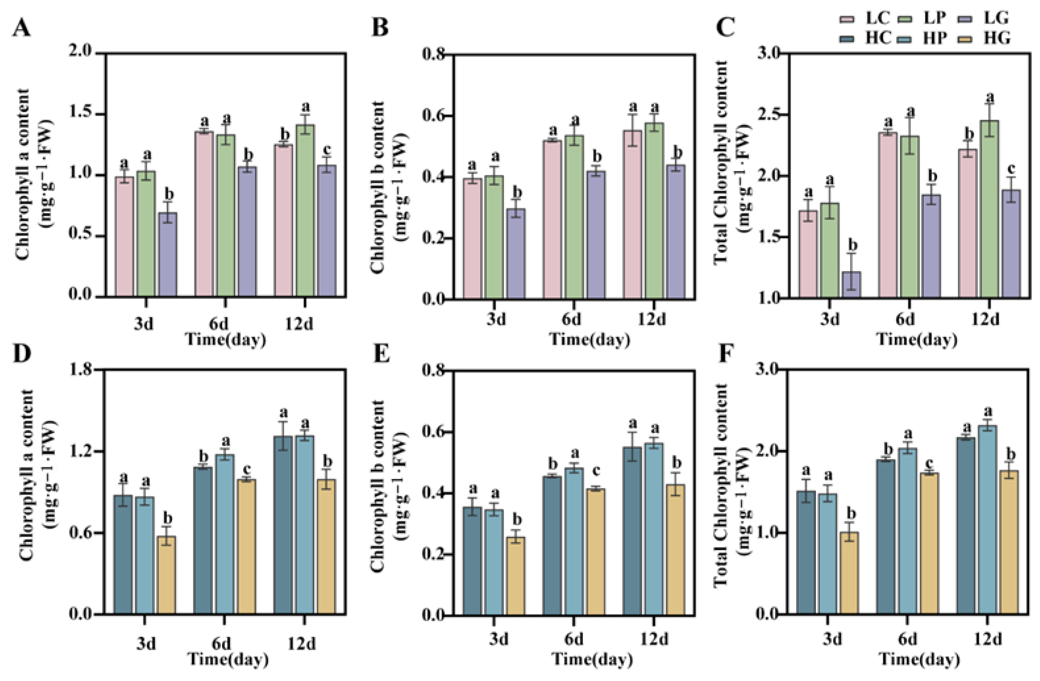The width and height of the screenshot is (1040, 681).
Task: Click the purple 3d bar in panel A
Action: coord(168,254)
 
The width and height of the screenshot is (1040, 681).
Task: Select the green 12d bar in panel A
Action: coord(305,210)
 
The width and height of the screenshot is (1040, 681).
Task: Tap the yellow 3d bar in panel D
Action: coord(166,575)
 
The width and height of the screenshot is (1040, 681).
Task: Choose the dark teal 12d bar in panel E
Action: coord(632,531)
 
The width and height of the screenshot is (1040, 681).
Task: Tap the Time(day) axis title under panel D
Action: coord(228,659)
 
